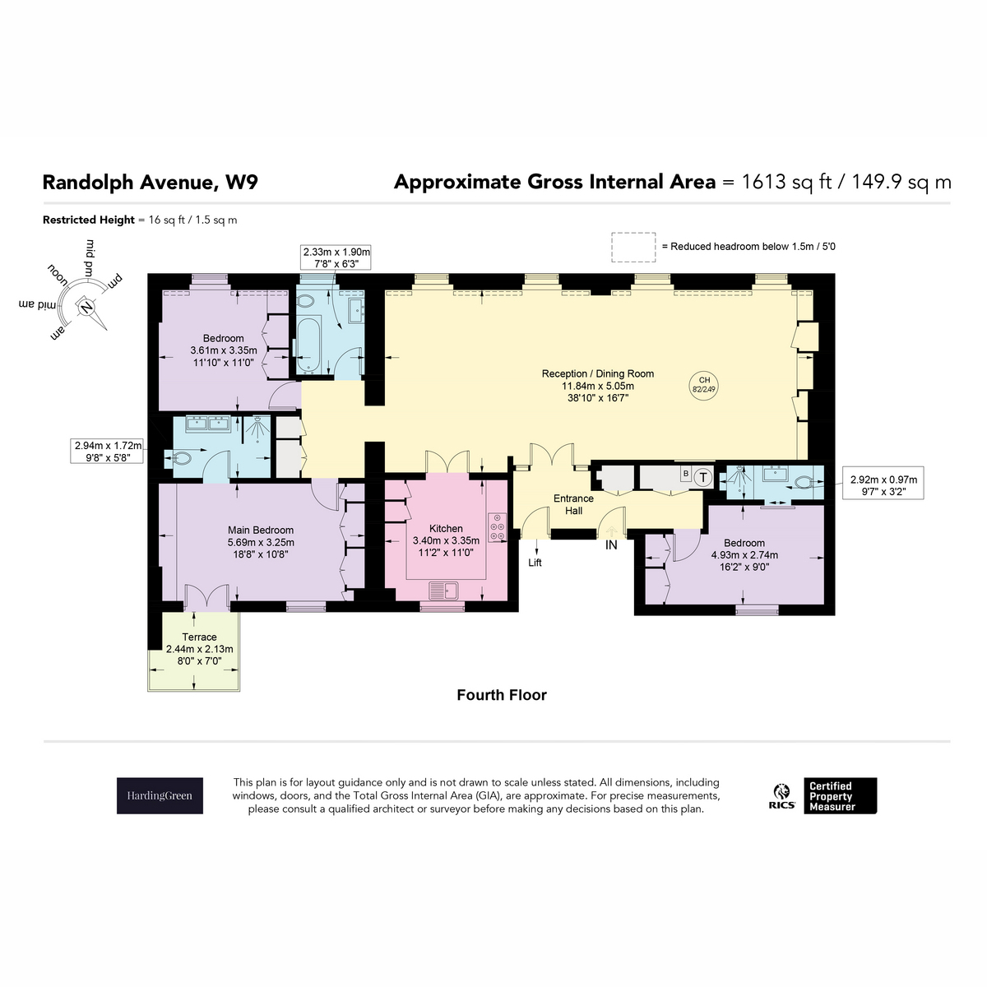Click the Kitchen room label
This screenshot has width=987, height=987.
[x=446, y=528]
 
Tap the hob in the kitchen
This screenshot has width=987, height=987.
[x=496, y=526]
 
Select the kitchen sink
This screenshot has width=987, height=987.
[x=443, y=591]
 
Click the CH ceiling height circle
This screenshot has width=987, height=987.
[x=704, y=385]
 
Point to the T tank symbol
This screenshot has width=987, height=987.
[x=703, y=477]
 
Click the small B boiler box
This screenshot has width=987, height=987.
[x=685, y=474]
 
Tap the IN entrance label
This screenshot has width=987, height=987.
[x=611, y=545]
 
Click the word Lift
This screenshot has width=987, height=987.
[x=535, y=563]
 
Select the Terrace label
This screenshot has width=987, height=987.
[x=199, y=637]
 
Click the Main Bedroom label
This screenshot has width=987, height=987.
[x=261, y=530]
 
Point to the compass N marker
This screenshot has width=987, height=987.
[x=86, y=306]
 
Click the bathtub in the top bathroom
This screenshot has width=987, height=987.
[x=308, y=344]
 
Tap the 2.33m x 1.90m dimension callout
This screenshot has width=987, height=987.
[x=336, y=257]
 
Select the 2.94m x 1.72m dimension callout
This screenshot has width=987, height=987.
[x=107, y=452]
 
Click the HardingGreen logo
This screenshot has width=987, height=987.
[x=160, y=795]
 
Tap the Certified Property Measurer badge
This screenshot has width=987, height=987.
[x=840, y=795]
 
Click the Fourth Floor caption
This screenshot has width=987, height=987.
[x=502, y=694]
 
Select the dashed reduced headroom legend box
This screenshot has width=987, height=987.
[x=633, y=248]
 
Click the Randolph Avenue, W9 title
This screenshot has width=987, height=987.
[x=150, y=183]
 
